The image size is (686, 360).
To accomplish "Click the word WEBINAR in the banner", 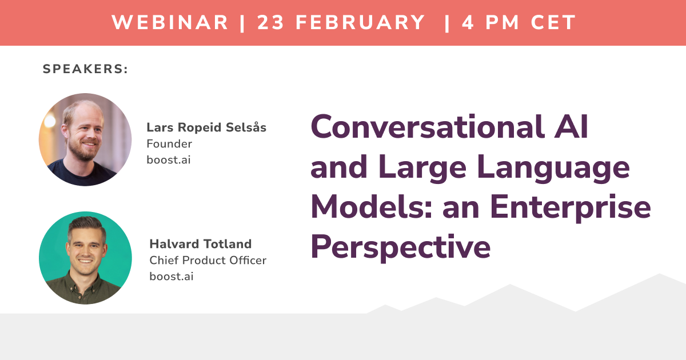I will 170,23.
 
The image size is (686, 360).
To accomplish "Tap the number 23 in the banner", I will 271,23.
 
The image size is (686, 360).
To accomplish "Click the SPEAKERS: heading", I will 85,69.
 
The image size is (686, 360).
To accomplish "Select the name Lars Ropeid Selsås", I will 206,127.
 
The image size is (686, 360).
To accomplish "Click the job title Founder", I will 169,144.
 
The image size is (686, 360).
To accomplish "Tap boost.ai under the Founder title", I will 169,159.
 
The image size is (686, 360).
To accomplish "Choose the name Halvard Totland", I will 200,244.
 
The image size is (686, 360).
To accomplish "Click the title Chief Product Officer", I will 208,261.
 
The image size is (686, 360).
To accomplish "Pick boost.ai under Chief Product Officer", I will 171,276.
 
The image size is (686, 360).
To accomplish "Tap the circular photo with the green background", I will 85,258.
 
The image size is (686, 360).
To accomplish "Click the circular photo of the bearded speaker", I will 85,139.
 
